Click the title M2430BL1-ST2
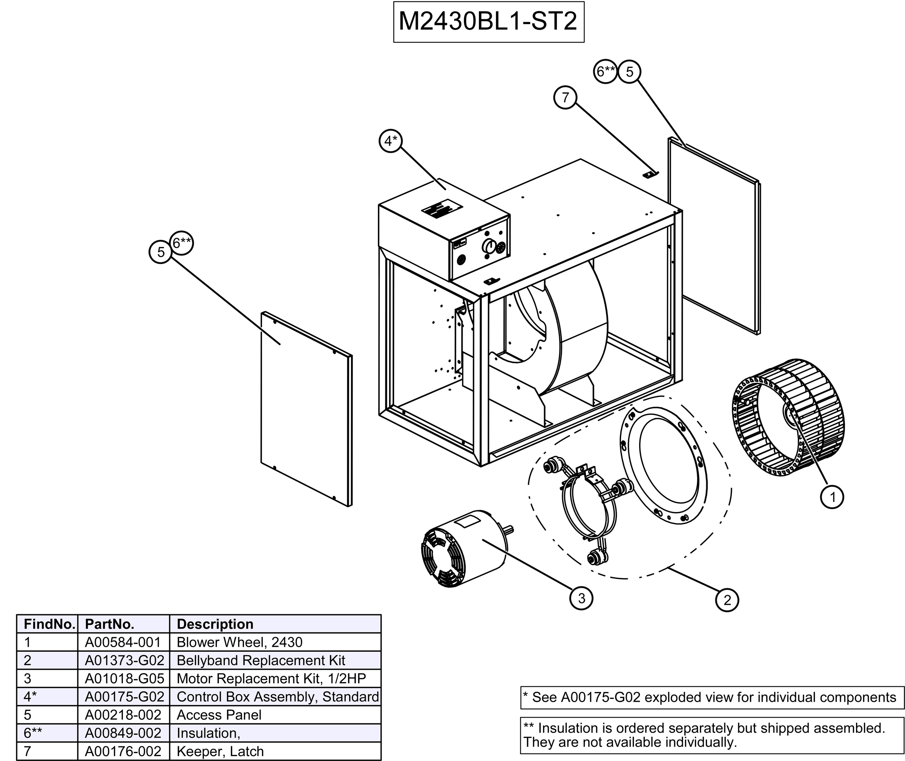coord(488,21)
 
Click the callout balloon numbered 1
coord(832,497)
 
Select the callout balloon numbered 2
coord(727,600)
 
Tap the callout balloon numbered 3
coord(581,598)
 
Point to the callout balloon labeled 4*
coord(390,141)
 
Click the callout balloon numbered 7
coord(565,98)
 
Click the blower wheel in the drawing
coord(788,417)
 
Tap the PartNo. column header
coord(110,624)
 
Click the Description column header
coord(215,624)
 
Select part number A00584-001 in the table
coord(123,642)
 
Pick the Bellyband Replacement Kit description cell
coord(261,660)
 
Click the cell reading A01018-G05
coord(124,678)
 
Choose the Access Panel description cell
coord(219,715)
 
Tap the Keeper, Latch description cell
coord(220,751)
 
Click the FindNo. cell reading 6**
coord(33,733)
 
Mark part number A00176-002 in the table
coord(123,751)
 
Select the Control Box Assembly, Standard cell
coord(278,697)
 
